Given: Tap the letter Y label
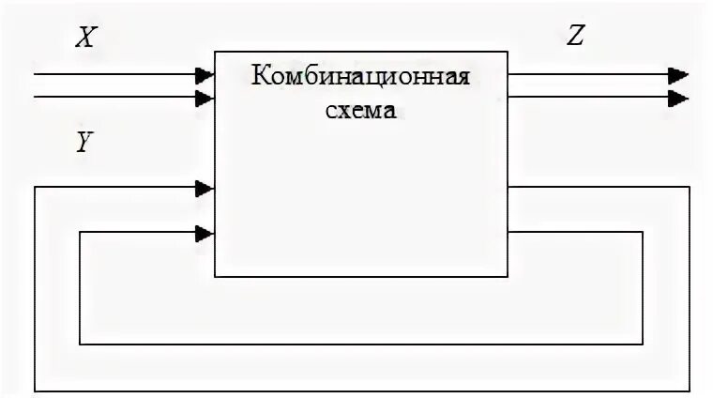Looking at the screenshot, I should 83,143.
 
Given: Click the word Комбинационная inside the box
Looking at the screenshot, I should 360,75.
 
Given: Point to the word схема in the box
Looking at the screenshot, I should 361,109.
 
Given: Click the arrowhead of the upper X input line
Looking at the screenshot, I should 205,74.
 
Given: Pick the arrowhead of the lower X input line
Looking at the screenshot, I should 205,97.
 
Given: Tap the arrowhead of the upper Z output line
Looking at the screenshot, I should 678,75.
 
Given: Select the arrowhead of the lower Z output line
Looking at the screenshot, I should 678,98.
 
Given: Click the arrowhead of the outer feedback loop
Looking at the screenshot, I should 205,188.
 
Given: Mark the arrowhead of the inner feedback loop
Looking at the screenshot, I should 205,233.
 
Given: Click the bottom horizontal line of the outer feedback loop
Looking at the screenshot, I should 361,390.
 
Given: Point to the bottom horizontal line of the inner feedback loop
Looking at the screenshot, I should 361,344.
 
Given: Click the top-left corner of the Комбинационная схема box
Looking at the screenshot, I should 215,53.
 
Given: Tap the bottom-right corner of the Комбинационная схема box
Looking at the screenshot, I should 508,277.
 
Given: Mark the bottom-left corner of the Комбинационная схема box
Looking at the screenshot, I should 215,277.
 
